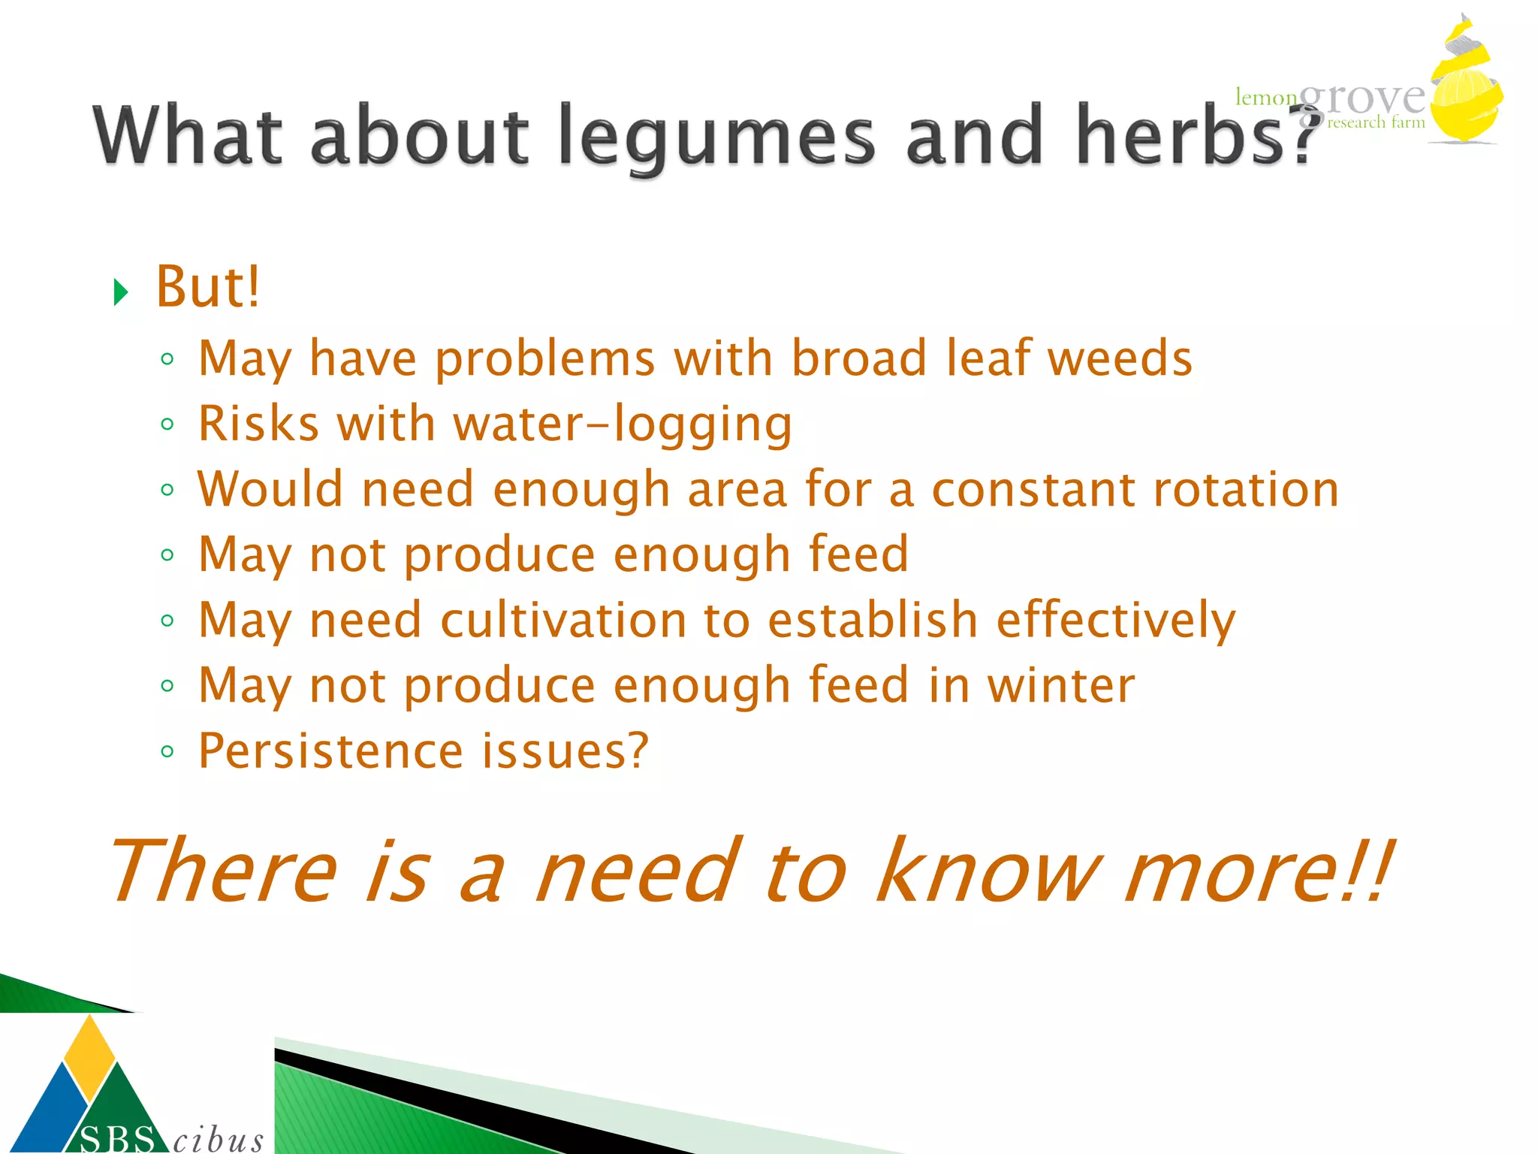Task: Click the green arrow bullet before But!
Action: pyautogui.click(x=120, y=292)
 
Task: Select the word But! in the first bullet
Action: pyautogui.click(x=207, y=287)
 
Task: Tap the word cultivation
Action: pyautogui.click(x=563, y=621)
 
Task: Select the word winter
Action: pyautogui.click(x=1060, y=685)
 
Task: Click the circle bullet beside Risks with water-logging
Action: pyautogui.click(x=167, y=424)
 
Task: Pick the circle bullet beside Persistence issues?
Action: pyautogui.click(x=167, y=751)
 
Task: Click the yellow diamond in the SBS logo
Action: pyautogui.click(x=90, y=1056)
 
